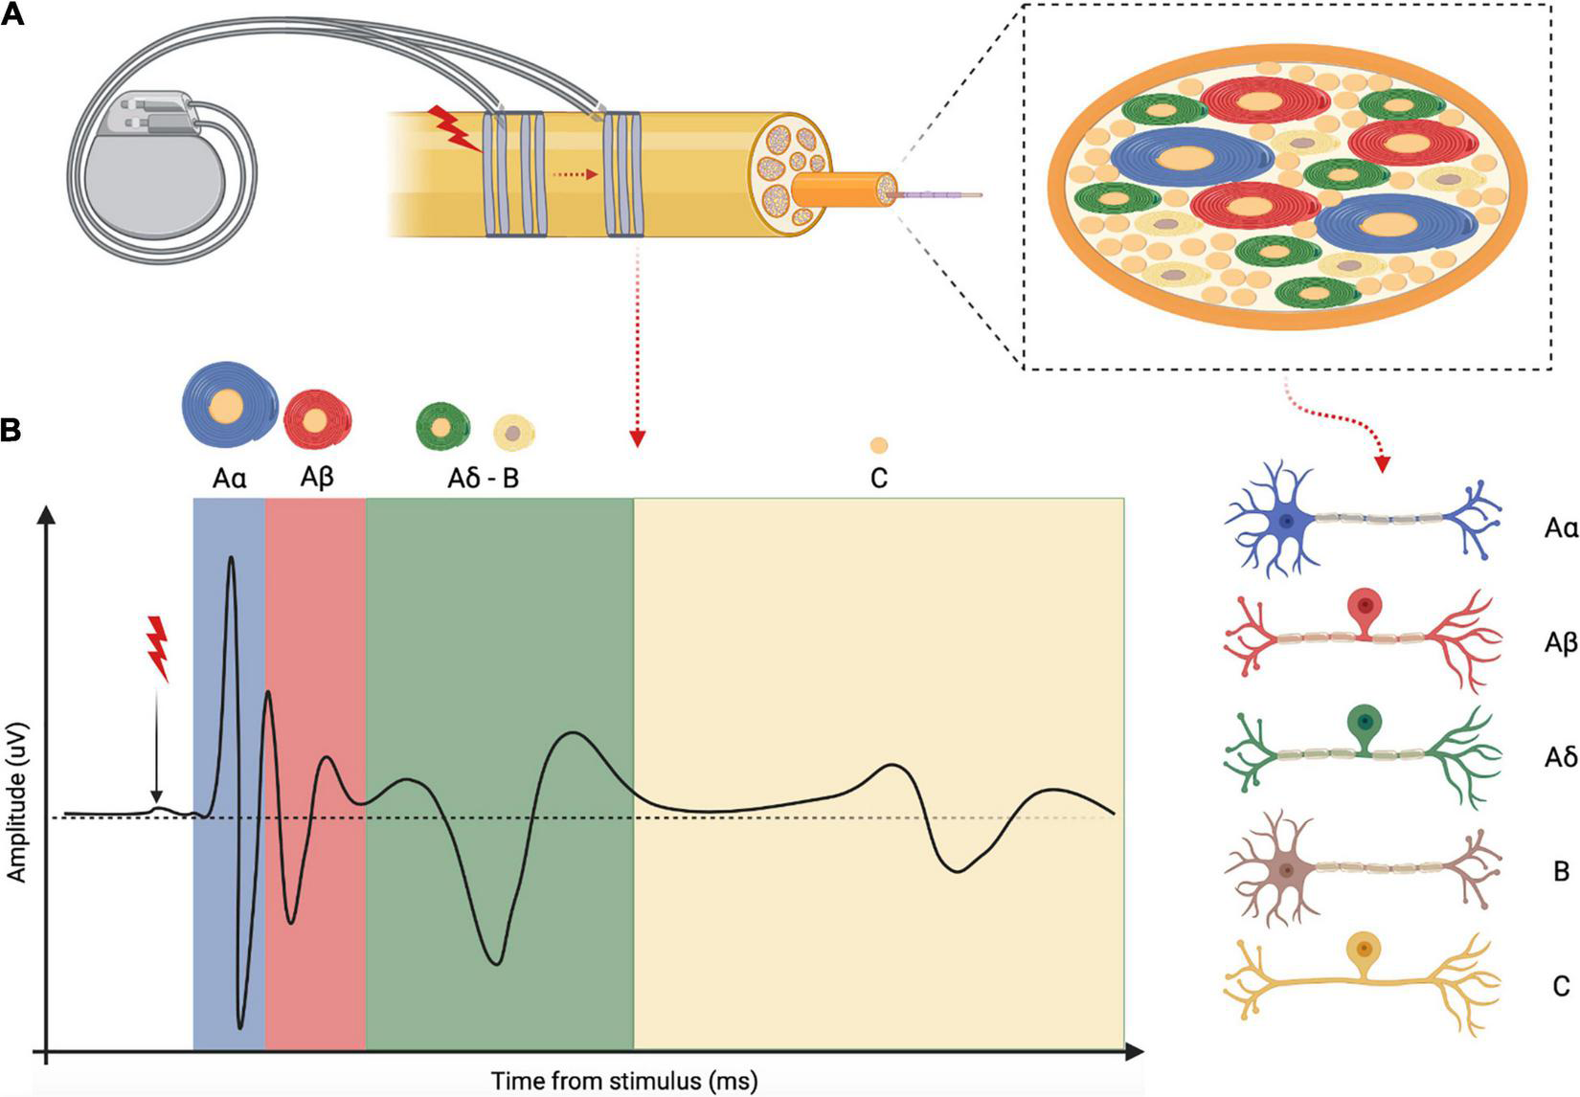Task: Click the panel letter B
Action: click(x=11, y=430)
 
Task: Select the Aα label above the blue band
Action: click(x=229, y=478)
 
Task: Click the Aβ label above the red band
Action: click(x=316, y=478)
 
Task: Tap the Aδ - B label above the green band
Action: click(x=483, y=478)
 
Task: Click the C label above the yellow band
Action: click(x=878, y=478)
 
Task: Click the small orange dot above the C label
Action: click(x=878, y=445)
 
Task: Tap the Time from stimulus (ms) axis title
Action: click(x=624, y=1081)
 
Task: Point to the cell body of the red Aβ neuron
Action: click(x=1366, y=608)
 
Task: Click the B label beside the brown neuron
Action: click(x=1561, y=871)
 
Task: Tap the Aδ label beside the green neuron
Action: click(x=1560, y=757)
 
